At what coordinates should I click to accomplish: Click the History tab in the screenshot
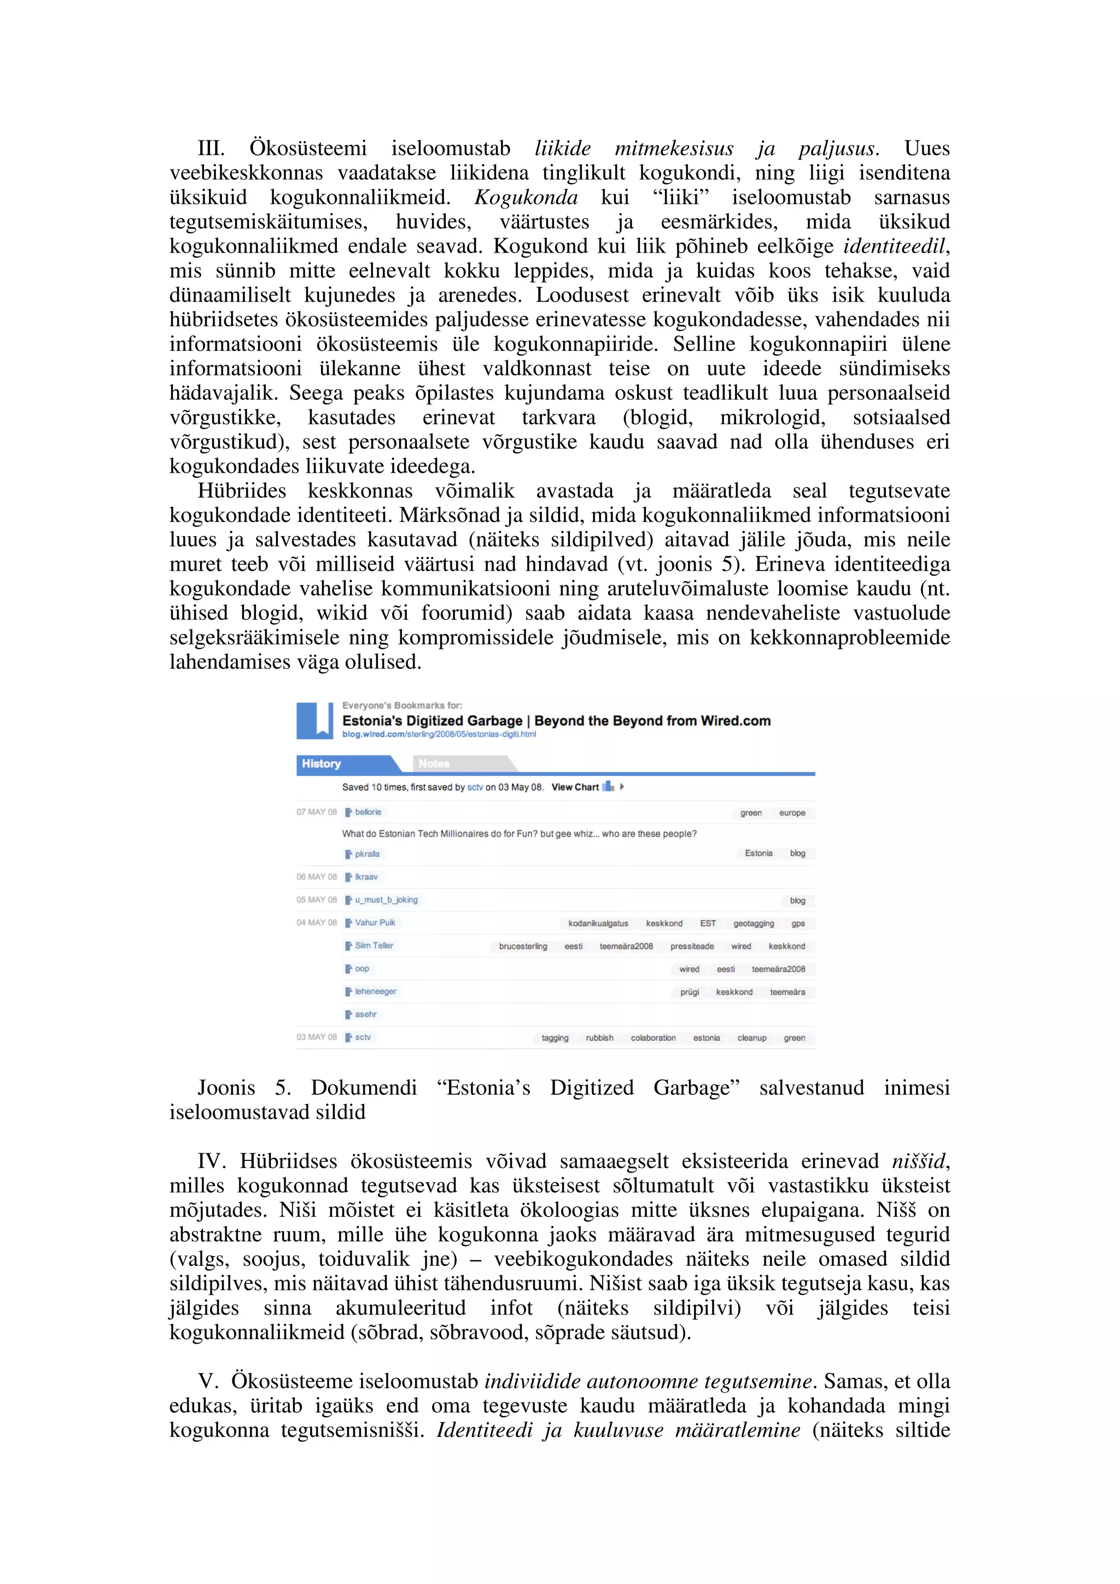322,764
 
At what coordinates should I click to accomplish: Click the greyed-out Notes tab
434,764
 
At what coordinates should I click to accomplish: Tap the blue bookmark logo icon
314,720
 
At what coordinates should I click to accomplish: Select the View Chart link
575,787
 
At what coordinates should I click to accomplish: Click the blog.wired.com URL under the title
439,735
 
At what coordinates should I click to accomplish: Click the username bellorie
368,812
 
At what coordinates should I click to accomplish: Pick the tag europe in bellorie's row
792,813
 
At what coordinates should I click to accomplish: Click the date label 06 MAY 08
317,877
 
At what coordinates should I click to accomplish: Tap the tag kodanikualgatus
598,923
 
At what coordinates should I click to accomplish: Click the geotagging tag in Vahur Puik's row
754,923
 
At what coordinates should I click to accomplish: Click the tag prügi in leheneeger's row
690,992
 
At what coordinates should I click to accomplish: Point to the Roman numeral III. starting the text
211,148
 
